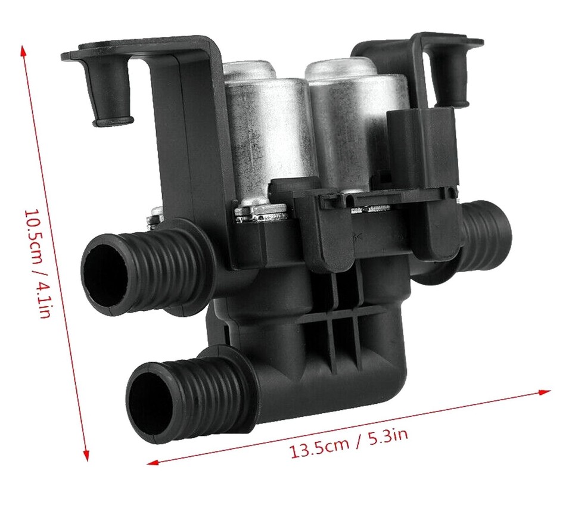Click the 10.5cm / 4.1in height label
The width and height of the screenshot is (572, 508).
click(x=36, y=263)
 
